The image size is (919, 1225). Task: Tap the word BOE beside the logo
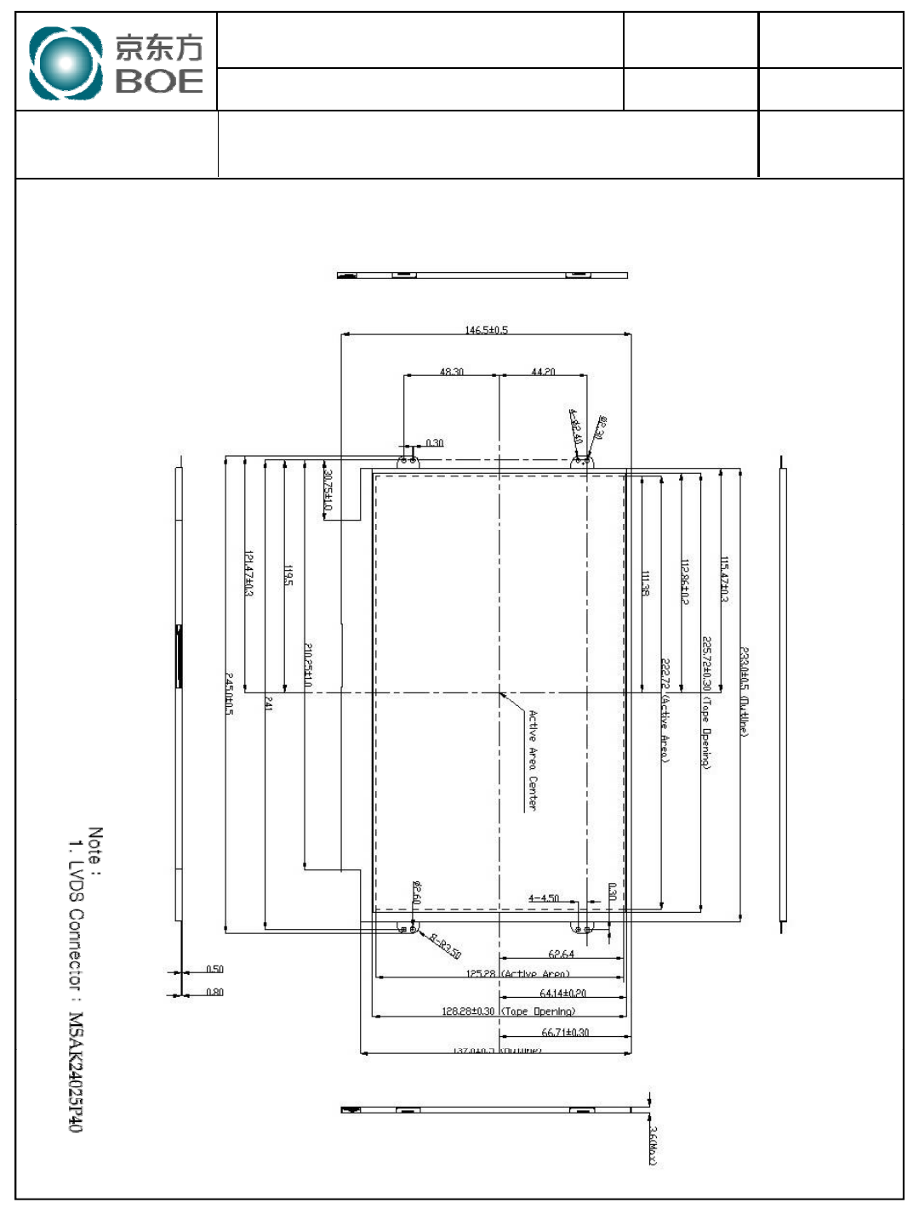pos(159,82)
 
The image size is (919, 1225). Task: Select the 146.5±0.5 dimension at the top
pos(486,330)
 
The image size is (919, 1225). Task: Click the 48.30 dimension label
pos(451,372)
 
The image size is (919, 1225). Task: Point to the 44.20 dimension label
pos(543,372)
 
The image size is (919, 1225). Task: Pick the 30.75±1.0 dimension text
pos(328,492)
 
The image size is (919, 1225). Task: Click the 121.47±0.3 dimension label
pos(248,573)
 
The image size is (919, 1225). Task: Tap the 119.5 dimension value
pos(288,576)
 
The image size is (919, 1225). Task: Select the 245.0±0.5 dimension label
pos(229,693)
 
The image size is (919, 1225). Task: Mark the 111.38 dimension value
pos(645,583)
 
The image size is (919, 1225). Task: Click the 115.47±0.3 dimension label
pos(725,579)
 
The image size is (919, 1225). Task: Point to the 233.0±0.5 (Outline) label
pos(744,692)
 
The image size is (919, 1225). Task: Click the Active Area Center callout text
pos(533,760)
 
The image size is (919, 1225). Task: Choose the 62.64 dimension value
pos(561,954)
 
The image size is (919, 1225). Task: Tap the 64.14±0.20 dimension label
pos(562,994)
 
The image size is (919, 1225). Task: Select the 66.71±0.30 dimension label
pos(565,1033)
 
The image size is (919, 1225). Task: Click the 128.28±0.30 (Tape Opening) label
pos(508,1011)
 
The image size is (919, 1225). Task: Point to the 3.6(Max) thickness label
pos(653,1145)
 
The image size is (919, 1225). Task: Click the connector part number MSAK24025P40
pos(77,1071)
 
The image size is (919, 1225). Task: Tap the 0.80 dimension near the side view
pos(214,992)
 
